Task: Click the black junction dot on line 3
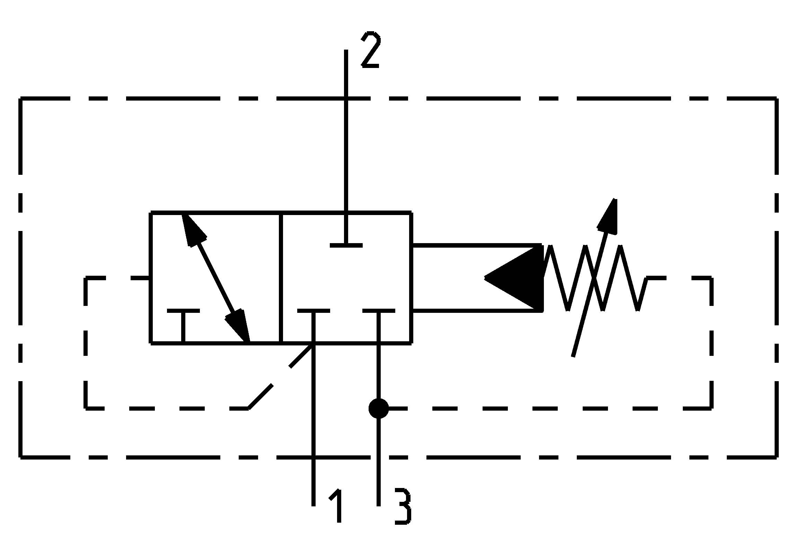[x=378, y=409]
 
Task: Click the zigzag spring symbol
[x=594, y=277]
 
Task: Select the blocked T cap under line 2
[x=346, y=245]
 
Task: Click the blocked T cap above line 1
[x=314, y=310]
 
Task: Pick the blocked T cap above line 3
[x=379, y=310]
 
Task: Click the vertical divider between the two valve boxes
[x=281, y=277]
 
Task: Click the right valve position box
[x=346, y=277]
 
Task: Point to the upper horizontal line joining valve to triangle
[x=476, y=245]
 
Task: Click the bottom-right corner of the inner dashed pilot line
[x=712, y=409]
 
